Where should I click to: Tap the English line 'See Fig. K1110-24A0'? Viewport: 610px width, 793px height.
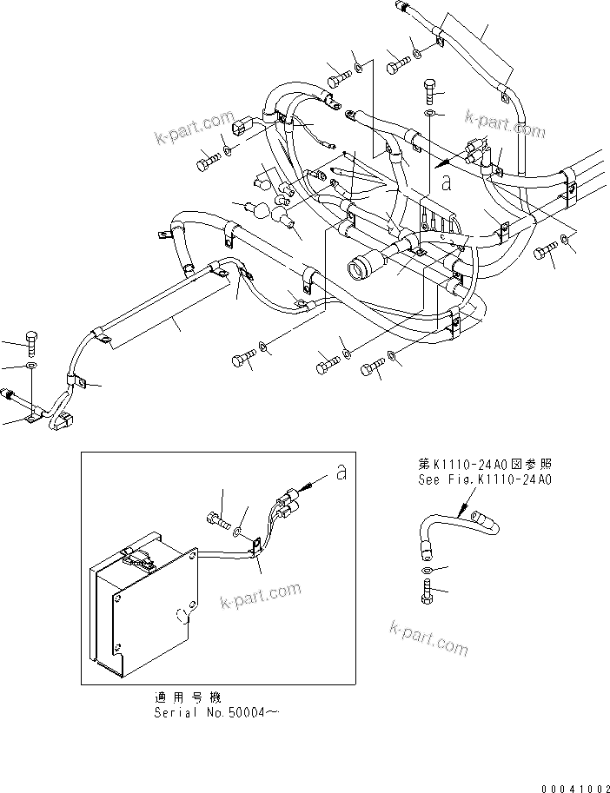point(483,479)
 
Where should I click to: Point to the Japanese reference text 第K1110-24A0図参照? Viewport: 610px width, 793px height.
point(483,465)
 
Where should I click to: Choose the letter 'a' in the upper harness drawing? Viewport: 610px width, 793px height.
point(446,182)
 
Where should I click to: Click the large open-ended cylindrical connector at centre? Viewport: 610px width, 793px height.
point(366,263)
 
